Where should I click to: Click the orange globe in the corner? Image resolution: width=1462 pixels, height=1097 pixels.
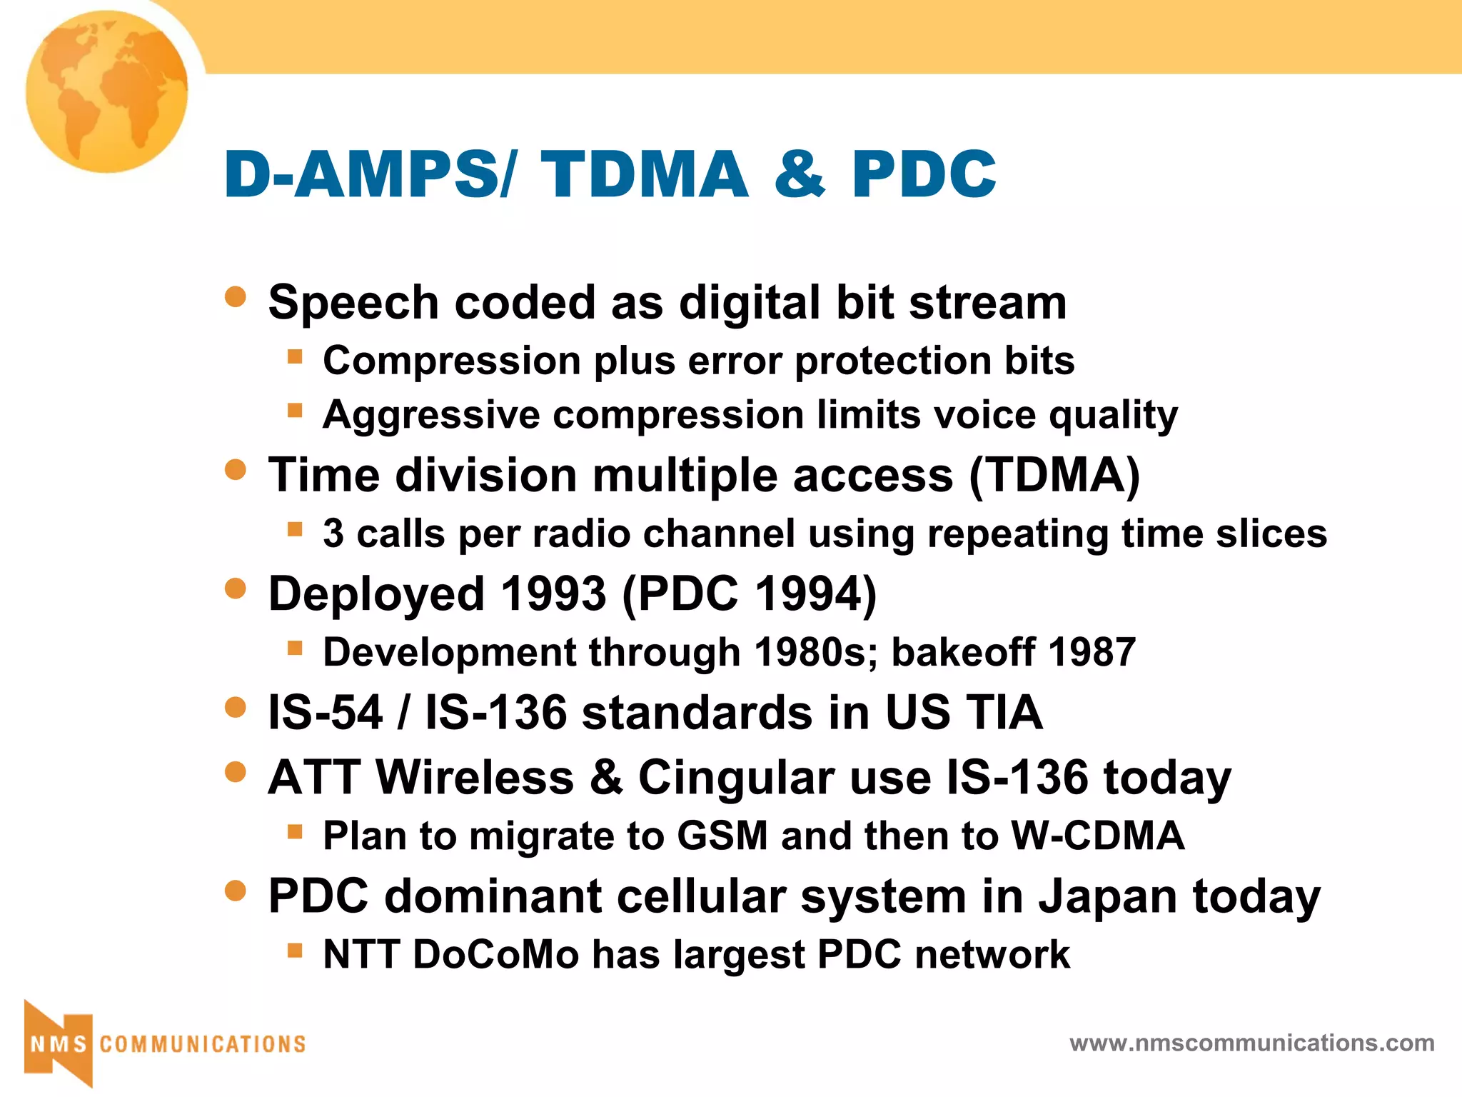click(x=107, y=91)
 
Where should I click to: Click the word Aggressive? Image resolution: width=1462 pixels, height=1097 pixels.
click(x=431, y=416)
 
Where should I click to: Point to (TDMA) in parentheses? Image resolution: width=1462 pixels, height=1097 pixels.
click(x=1054, y=476)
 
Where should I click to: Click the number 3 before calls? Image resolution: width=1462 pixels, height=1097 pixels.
click(x=333, y=534)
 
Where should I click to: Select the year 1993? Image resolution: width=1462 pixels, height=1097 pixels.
click(x=553, y=593)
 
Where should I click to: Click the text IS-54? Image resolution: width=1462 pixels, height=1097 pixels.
click(x=326, y=713)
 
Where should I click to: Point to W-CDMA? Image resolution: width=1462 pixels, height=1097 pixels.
click(x=1098, y=836)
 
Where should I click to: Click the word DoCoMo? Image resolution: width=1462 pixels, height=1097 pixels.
click(x=495, y=955)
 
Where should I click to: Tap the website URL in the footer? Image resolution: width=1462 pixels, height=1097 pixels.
click(x=1252, y=1043)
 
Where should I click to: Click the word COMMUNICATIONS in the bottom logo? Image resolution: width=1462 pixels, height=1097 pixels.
click(x=203, y=1044)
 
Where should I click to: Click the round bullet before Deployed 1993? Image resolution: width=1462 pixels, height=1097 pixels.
click(x=235, y=588)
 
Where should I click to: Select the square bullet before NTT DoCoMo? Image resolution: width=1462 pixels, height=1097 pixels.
click(x=295, y=951)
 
